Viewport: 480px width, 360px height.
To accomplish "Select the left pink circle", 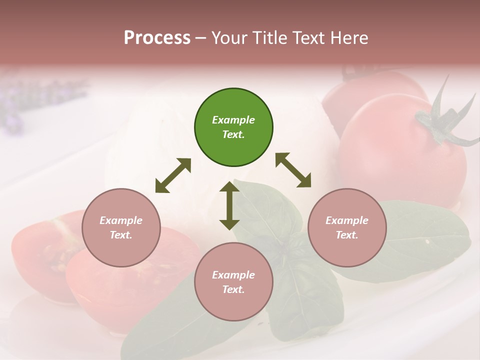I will click(x=121, y=227).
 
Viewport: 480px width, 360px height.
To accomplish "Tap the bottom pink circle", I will click(x=233, y=281).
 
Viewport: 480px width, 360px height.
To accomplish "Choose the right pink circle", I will click(x=346, y=227).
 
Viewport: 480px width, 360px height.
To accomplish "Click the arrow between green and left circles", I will click(x=173, y=175).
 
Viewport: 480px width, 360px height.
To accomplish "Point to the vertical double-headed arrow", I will click(x=229, y=205).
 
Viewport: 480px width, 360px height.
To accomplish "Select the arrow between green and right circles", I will click(x=293, y=170).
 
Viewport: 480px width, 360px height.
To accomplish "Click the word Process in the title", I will click(x=157, y=37).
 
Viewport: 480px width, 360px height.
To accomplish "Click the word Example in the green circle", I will click(x=233, y=120).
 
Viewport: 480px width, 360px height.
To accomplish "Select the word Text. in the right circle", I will click(x=346, y=235).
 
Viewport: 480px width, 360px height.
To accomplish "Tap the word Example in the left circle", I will click(x=121, y=220).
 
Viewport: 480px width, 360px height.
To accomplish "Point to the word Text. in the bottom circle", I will click(x=233, y=289).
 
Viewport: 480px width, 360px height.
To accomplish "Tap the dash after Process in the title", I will click(x=201, y=38).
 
